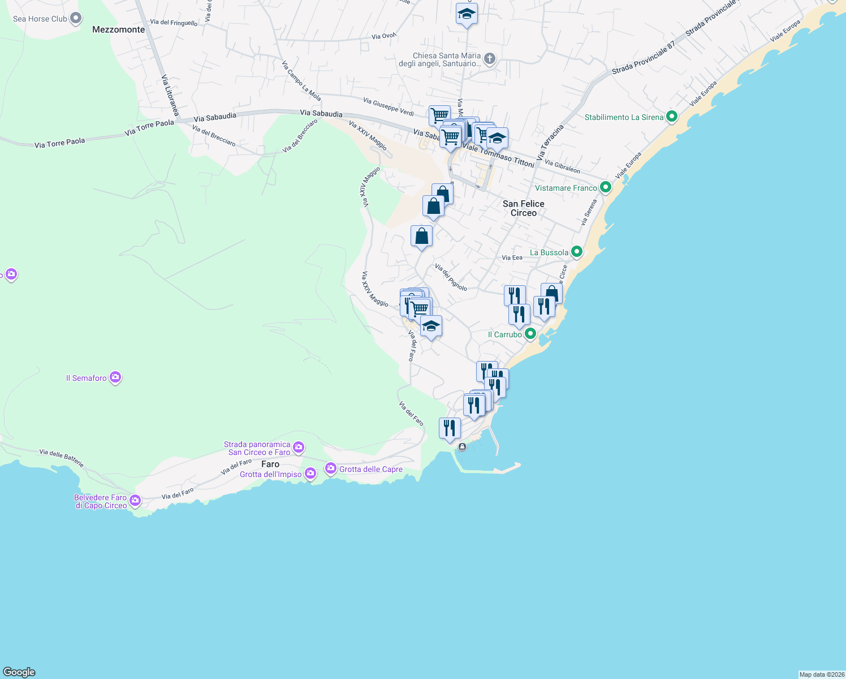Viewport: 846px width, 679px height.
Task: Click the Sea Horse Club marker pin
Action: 76,19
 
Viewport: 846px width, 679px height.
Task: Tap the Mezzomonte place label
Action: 119,29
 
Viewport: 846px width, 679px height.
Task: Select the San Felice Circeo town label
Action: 524,208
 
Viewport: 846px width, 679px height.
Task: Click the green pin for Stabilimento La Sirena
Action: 672,117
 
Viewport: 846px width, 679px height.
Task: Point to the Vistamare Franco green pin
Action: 606,187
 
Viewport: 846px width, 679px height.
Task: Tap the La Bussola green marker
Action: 577,252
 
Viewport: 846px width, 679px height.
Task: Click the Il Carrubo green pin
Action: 530,334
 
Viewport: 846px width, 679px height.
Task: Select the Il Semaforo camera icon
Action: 115,377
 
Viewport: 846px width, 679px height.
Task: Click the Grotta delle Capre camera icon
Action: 330,469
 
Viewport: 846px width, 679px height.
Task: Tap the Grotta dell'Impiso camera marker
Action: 310,474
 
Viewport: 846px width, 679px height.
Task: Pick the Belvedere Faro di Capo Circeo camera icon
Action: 135,501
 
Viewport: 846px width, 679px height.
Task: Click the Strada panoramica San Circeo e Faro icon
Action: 299,448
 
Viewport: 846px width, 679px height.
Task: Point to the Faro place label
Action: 270,464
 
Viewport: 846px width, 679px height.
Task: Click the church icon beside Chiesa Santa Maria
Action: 490,59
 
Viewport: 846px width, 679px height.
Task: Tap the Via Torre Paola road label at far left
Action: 59,143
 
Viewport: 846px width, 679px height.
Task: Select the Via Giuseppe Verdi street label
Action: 389,106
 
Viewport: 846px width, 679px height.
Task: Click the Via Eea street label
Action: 512,257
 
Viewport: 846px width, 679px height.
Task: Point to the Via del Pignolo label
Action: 451,277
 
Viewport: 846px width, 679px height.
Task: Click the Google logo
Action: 19,672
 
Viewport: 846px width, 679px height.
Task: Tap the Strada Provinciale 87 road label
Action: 643,59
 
